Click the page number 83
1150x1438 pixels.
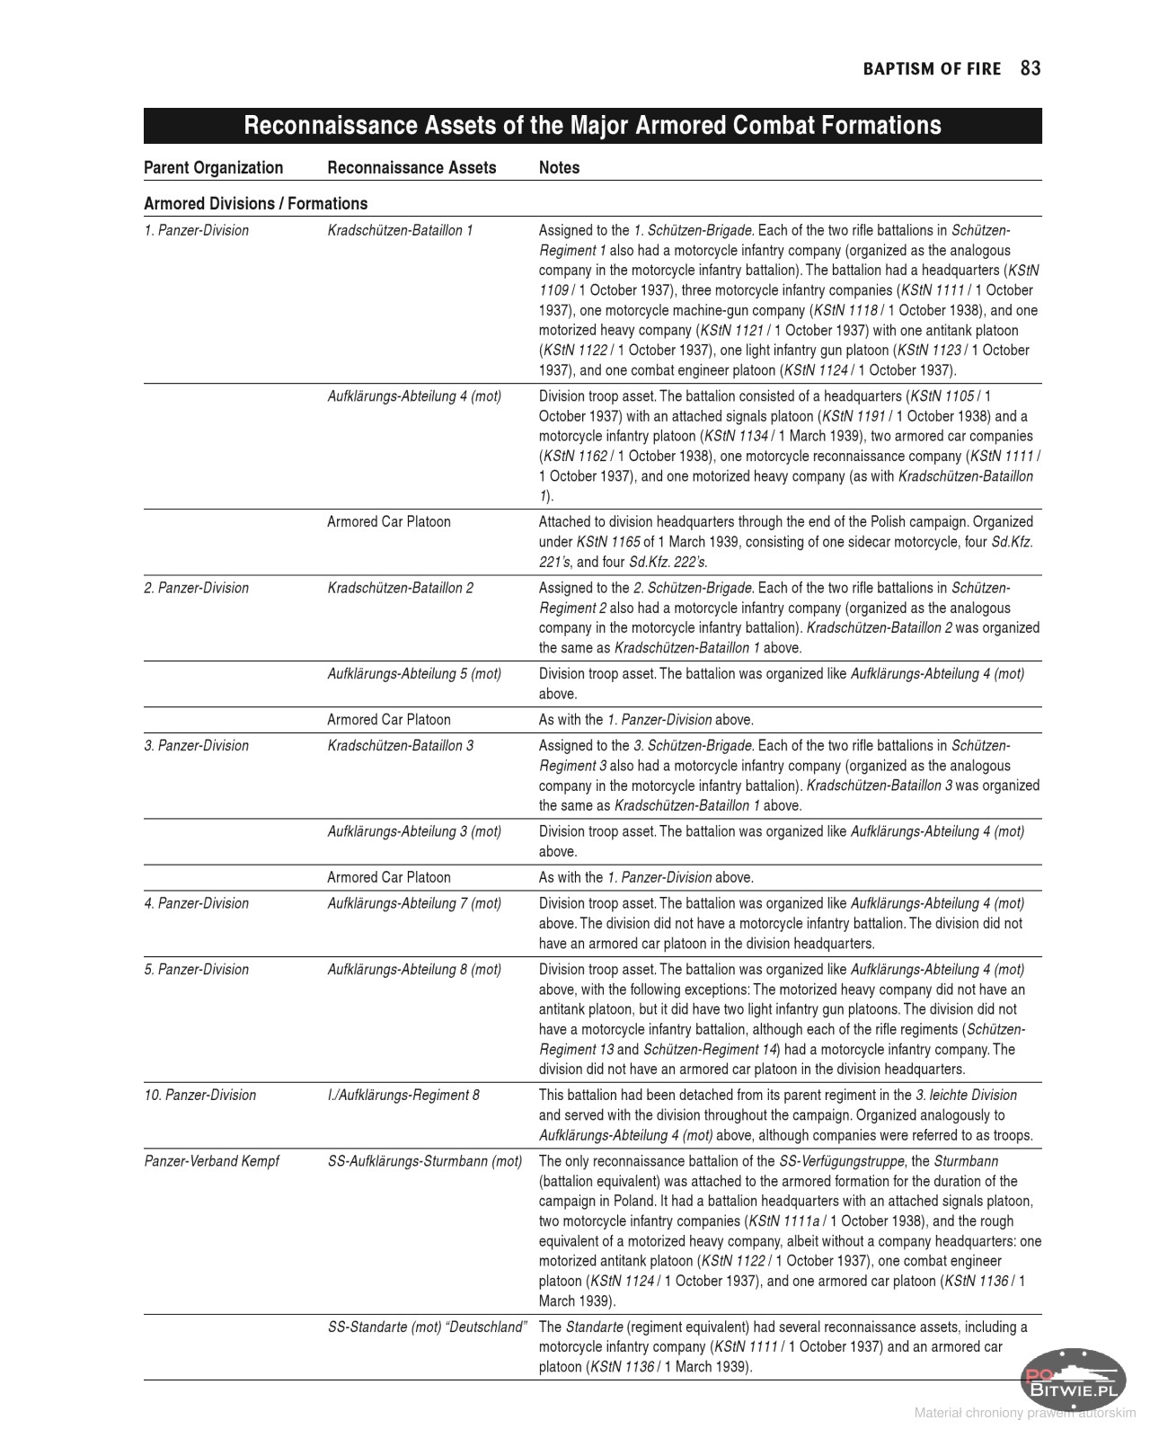pos(1031,69)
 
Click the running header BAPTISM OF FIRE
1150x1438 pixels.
pos(932,69)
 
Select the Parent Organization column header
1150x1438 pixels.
pos(213,168)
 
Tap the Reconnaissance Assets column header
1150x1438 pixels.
pos(411,168)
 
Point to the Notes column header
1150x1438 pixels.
pos(559,168)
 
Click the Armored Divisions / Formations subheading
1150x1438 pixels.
pos(255,204)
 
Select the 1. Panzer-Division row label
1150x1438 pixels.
pos(196,231)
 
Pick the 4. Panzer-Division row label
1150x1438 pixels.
pos(196,903)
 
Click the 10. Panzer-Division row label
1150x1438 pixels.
pos(199,1095)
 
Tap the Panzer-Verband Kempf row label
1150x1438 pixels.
pos(211,1161)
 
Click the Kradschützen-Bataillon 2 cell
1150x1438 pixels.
pos(400,588)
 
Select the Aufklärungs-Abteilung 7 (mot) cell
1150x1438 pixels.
pos(414,903)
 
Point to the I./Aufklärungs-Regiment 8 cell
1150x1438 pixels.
pos(403,1095)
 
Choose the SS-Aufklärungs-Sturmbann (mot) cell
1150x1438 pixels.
pos(424,1161)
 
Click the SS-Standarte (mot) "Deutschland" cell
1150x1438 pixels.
pos(426,1327)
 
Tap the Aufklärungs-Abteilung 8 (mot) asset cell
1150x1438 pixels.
pos(414,969)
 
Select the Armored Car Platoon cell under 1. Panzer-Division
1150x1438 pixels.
pos(389,522)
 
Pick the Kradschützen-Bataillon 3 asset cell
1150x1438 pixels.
pos(400,746)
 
